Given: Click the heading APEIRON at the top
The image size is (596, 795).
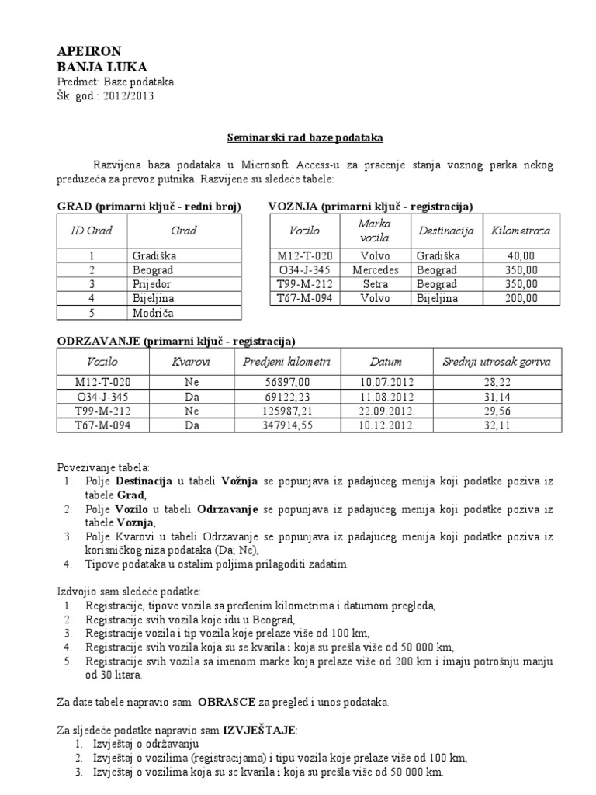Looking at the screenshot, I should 89,51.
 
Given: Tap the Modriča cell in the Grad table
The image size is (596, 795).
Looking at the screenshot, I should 154,313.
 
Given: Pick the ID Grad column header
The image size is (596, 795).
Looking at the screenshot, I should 92,231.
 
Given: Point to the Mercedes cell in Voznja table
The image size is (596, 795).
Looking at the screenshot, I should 375,270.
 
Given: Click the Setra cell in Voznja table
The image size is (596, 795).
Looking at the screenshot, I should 375,284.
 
